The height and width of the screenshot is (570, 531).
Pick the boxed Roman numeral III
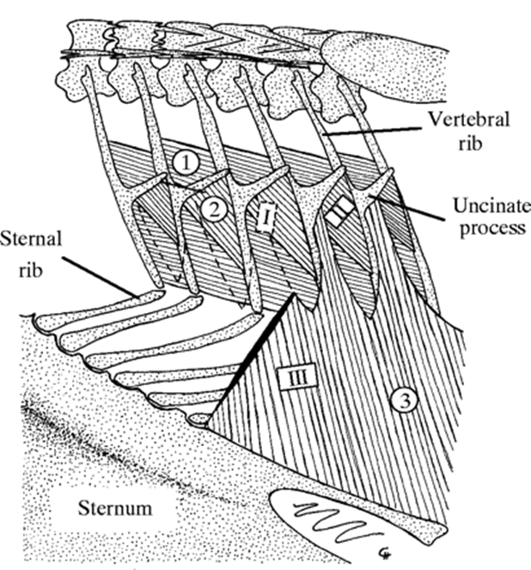(294, 376)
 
